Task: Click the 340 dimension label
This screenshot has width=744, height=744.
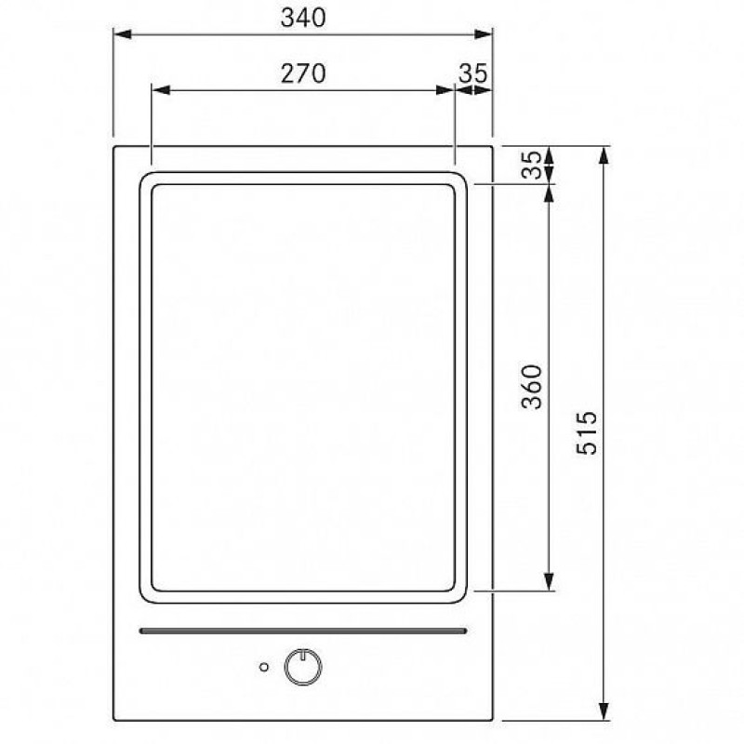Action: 303,18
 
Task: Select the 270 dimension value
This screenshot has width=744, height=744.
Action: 303,73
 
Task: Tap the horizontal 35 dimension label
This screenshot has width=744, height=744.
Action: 473,73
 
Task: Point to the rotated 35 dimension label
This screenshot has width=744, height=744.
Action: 531,165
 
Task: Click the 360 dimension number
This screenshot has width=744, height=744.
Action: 531,386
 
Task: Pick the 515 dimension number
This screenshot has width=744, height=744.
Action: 587,432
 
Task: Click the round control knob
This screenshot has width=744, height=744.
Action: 303,667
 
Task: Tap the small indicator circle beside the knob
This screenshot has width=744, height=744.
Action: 264,667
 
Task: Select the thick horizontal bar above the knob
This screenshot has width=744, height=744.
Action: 303,631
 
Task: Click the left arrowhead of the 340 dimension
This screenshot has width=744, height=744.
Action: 123,34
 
